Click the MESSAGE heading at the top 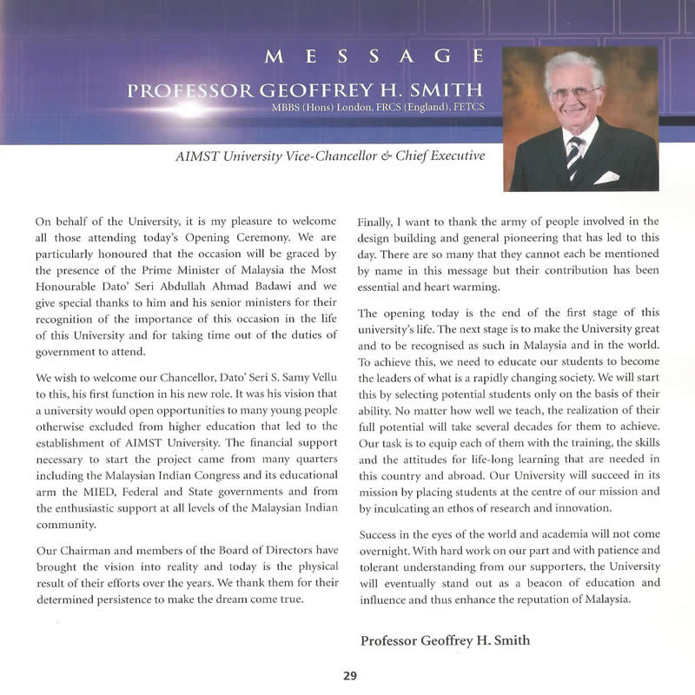(374, 58)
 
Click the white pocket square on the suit (607, 177)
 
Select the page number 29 (350, 675)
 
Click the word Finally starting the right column (376, 222)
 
